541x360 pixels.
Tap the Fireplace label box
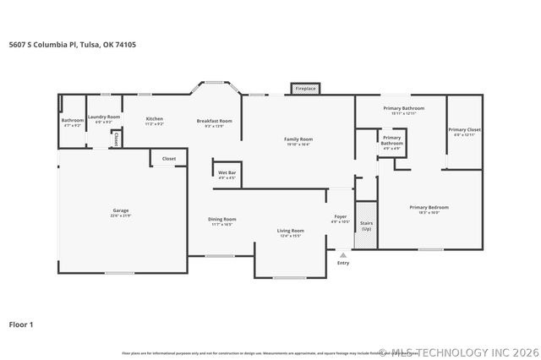click(x=305, y=88)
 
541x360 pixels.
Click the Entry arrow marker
click(x=342, y=254)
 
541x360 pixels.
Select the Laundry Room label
click(x=104, y=118)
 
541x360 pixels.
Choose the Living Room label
click(x=291, y=232)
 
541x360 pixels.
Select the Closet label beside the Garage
click(x=169, y=158)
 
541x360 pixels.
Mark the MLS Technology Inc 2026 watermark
click(x=457, y=352)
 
